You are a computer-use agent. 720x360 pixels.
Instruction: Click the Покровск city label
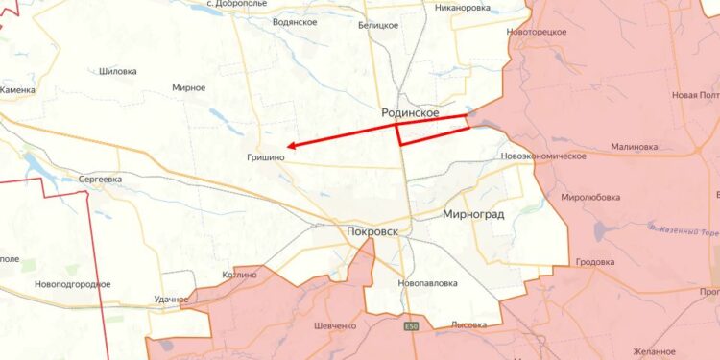point(375,231)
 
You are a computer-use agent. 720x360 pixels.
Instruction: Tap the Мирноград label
point(473,214)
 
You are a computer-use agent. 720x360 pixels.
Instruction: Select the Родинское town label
point(410,113)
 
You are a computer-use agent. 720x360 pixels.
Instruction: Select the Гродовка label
point(595,262)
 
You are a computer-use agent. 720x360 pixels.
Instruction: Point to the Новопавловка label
point(427,283)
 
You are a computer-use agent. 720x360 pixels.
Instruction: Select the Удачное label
point(170,300)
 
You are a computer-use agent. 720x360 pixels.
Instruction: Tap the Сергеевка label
point(100,179)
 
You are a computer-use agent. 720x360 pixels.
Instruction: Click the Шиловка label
point(118,71)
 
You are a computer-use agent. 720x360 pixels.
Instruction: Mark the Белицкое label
point(377,25)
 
